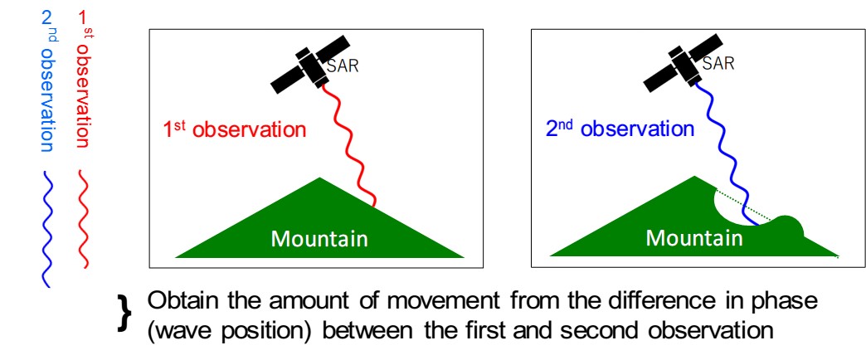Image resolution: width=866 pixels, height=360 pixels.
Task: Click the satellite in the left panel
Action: (x=310, y=66)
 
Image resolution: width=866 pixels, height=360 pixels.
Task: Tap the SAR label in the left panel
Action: (x=343, y=66)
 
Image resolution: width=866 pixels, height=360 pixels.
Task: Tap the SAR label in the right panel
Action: (x=718, y=64)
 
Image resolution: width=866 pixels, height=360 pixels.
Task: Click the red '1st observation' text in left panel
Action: (x=234, y=130)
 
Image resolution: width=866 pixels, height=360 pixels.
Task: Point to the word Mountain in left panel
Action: (x=319, y=239)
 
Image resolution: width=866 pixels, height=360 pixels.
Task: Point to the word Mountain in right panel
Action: (x=694, y=238)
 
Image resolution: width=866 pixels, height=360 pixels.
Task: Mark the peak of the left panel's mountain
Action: (x=319, y=178)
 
